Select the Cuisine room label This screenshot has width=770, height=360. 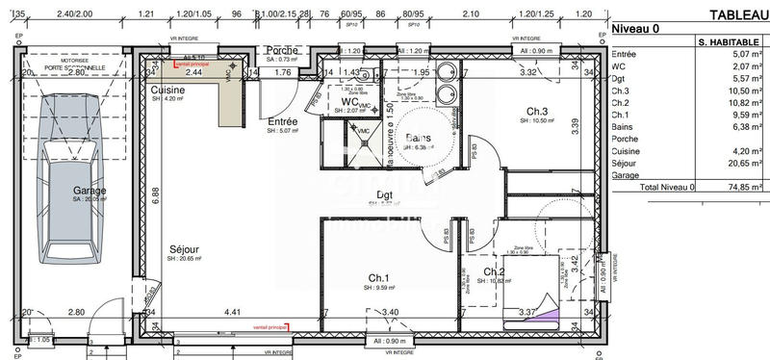[x=167, y=90]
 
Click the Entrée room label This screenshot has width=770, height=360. [x=282, y=122]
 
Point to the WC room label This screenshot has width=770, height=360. [x=348, y=101]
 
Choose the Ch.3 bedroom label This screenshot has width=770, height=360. [x=536, y=110]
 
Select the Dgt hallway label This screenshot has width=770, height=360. [x=385, y=194]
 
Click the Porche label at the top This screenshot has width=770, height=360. [x=281, y=50]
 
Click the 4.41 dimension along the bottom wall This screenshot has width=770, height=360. [x=232, y=312]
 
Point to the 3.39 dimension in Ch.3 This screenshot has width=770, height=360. [x=574, y=122]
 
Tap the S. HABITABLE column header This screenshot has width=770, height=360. [x=730, y=41]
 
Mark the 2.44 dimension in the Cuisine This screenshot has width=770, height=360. [x=193, y=72]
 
